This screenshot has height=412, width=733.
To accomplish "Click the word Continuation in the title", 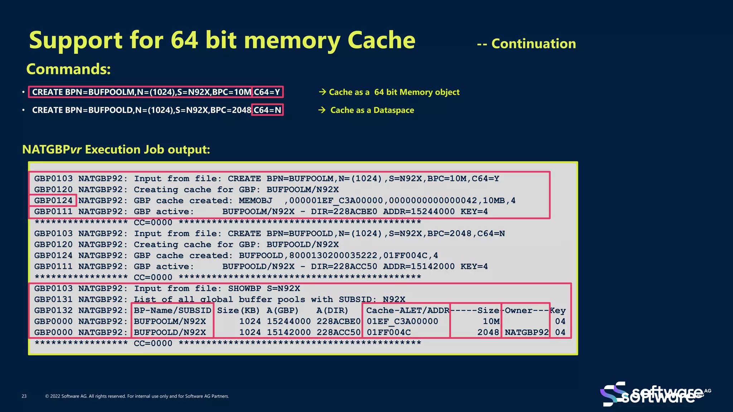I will click(533, 44).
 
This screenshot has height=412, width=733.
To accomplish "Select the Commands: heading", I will click(68, 69).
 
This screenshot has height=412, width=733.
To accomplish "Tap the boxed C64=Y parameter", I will click(267, 92).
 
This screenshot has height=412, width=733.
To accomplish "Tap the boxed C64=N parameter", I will click(267, 110).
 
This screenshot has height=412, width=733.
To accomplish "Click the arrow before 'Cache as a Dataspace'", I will click(322, 110).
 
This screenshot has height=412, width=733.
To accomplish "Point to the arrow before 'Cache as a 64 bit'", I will click(322, 92).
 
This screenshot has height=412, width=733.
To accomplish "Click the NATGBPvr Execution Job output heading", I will click(116, 149).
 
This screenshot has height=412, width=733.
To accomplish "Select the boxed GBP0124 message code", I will click(53, 201).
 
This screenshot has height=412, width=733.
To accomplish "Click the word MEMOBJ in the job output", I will click(255, 201).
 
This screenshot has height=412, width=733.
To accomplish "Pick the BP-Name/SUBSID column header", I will click(173, 310).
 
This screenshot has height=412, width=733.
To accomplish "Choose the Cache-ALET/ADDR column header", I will click(407, 310).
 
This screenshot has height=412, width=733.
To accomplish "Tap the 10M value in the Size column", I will click(491, 322).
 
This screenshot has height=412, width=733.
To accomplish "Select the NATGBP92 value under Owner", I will click(526, 332).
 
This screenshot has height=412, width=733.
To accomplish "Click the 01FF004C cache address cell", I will click(389, 332).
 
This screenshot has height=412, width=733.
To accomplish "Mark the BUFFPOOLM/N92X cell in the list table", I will click(170, 322).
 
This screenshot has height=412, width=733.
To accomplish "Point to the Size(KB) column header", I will click(238, 310).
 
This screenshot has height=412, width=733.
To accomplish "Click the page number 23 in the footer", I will click(24, 396).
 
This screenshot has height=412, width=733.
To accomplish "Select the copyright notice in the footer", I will click(137, 396).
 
